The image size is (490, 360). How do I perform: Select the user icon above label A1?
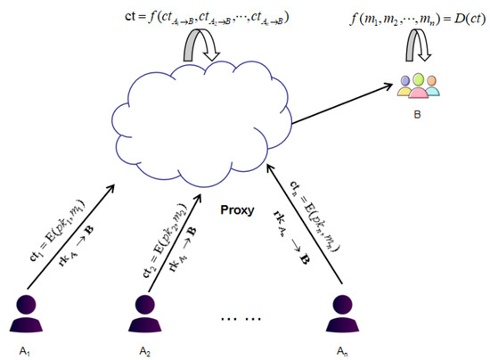coord(28,307)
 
